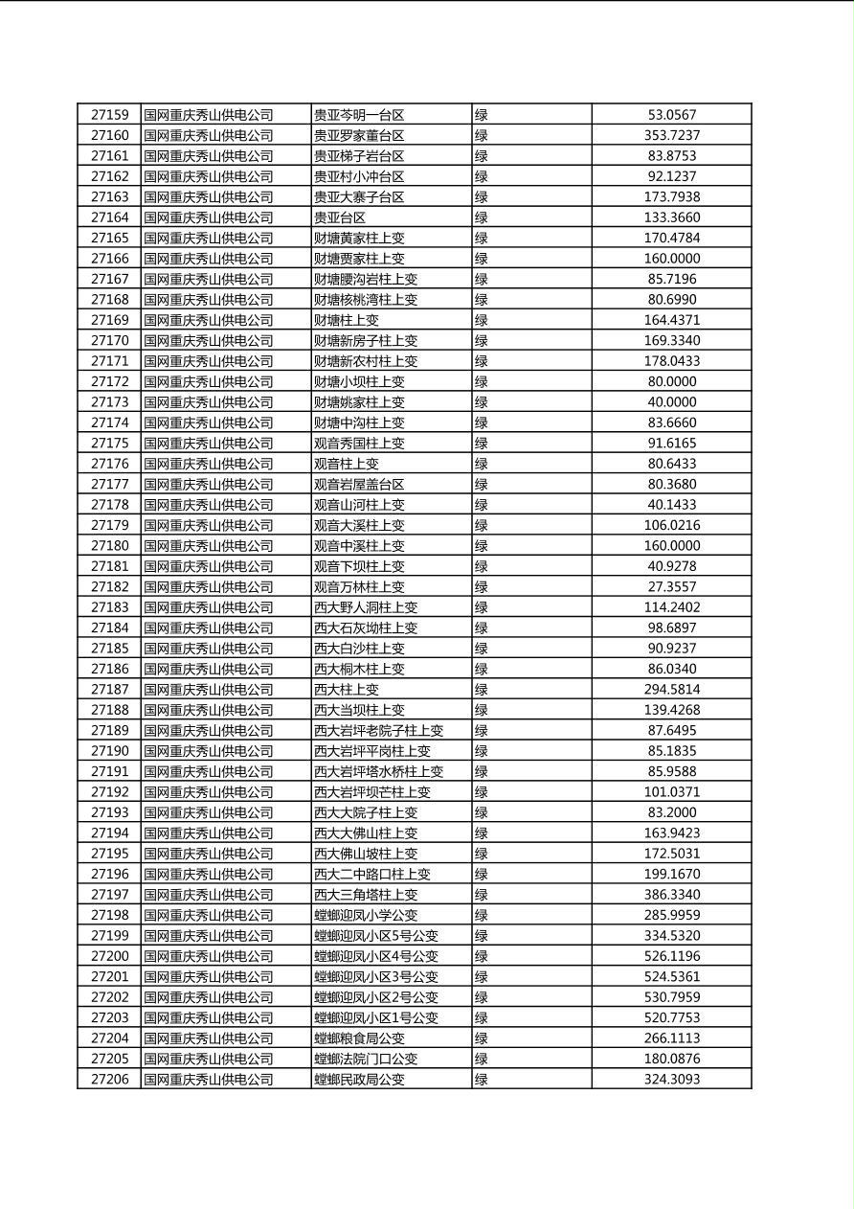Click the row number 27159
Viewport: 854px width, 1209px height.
[x=109, y=115]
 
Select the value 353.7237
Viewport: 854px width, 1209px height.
[x=671, y=136]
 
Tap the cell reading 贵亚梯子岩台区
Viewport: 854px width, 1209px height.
[x=359, y=156]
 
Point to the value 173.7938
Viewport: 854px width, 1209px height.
[x=671, y=197]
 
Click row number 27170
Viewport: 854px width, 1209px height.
[x=109, y=340]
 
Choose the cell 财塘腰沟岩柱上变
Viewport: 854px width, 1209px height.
[x=366, y=279]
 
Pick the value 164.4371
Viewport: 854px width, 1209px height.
[x=671, y=320]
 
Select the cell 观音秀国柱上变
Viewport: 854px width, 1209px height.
[x=359, y=444]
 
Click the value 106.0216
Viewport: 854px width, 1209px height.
[x=671, y=525]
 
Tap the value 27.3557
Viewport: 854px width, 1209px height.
[x=671, y=586]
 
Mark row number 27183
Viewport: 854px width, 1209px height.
[x=109, y=607]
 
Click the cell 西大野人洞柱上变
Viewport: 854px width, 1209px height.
[x=366, y=607]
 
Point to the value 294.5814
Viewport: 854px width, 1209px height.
[x=671, y=689]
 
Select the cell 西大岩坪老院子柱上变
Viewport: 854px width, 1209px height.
[x=378, y=730]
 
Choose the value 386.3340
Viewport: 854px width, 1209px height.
[x=671, y=894]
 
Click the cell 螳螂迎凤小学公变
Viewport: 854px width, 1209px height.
[x=366, y=915]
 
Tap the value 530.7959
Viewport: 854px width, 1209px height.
[x=671, y=997]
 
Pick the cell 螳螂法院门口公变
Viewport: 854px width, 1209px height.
[x=366, y=1059]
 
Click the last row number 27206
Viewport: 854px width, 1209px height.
[x=109, y=1079]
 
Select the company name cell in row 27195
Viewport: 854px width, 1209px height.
[x=209, y=854]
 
